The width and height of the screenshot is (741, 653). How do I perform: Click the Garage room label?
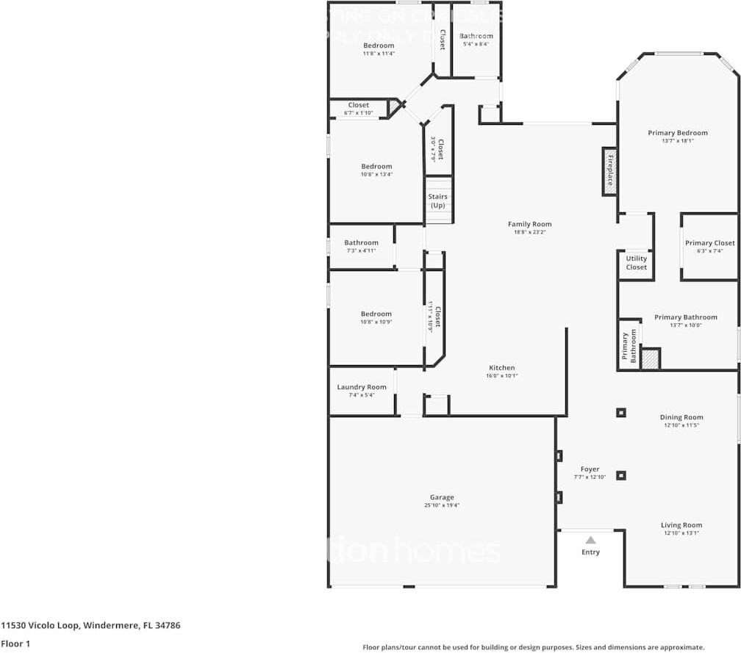[x=442, y=497]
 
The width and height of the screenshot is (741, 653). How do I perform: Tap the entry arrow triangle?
[x=590, y=540]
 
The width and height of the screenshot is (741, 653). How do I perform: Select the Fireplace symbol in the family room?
[x=609, y=171]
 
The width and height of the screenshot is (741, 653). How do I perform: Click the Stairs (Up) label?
[x=438, y=201]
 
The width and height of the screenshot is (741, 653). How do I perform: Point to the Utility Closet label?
[x=636, y=262]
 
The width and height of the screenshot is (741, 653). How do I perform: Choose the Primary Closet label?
[x=709, y=243]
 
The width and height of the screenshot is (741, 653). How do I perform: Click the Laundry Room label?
[x=362, y=387]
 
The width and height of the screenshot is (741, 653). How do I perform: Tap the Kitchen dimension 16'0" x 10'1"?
[x=502, y=376]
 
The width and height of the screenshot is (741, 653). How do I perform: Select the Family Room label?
[x=529, y=224]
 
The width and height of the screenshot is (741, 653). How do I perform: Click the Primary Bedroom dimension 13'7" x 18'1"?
[x=677, y=141]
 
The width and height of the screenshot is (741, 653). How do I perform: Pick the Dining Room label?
[x=681, y=417]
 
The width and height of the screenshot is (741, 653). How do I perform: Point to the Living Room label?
[x=681, y=525]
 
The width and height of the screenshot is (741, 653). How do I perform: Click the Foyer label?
[x=590, y=469]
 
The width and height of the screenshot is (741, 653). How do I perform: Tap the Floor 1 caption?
[x=15, y=643]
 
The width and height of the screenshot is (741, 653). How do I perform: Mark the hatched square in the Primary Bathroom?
[x=650, y=359]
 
